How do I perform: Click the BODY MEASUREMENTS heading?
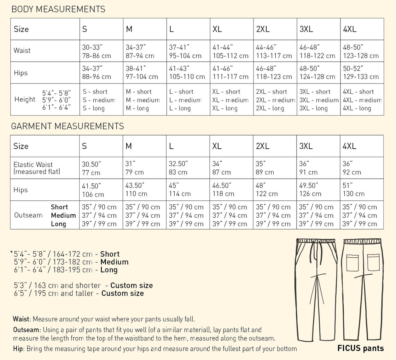58,9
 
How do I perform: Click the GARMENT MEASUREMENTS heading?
68,126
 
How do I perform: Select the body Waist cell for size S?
97,51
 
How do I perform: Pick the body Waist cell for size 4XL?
361,51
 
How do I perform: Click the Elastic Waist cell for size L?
178,168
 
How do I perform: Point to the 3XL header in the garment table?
306,146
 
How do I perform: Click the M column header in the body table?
129,29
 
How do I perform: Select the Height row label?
25,99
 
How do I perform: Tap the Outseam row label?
28,215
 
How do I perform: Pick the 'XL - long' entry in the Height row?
225,109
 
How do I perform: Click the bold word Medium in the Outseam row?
63,215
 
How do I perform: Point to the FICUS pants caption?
361,348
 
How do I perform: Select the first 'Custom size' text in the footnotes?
132,285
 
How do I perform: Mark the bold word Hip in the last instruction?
18,348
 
